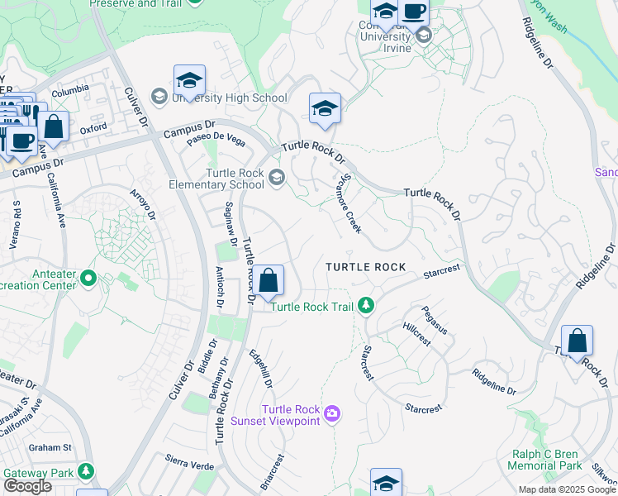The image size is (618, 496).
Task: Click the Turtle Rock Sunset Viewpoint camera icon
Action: [332, 413]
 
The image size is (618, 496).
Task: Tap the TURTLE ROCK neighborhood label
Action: [365, 267]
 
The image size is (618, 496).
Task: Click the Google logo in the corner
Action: [27, 486]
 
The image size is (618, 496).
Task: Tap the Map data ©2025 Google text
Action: [567, 489]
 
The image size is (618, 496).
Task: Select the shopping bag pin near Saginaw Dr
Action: [269, 282]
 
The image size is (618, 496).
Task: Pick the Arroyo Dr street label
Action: [143, 206]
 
